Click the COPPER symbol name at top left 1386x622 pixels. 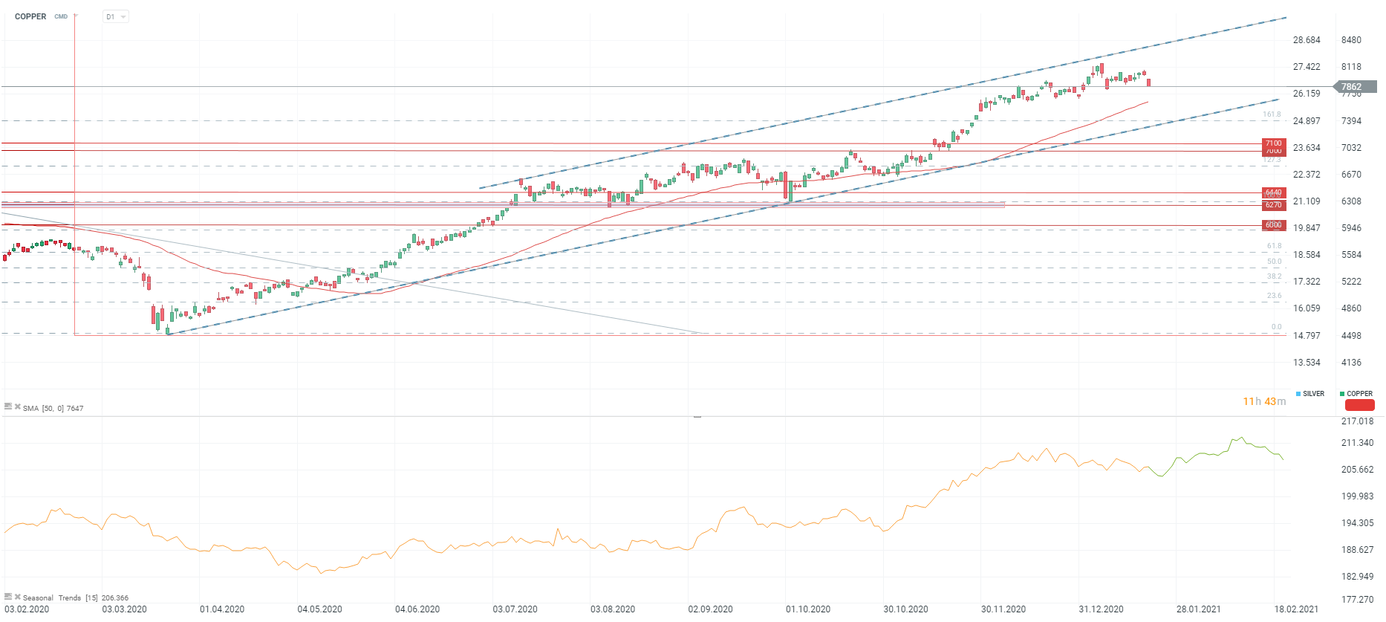pyautogui.click(x=30, y=16)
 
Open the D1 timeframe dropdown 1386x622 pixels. pyautogui.click(x=115, y=16)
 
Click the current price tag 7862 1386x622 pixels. pyautogui.click(x=1351, y=87)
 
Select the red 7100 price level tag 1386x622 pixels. pyautogui.click(x=1273, y=143)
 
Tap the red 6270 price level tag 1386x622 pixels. pyautogui.click(x=1273, y=205)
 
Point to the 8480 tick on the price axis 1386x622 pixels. pyautogui.click(x=1351, y=40)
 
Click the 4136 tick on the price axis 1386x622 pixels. pyautogui.click(x=1351, y=363)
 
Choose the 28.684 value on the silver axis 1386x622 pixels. pyautogui.click(x=1307, y=40)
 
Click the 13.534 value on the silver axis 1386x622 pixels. pyautogui.click(x=1307, y=363)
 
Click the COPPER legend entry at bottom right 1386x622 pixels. pyautogui.click(x=1359, y=394)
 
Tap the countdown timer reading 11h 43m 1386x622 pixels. pyautogui.click(x=1264, y=401)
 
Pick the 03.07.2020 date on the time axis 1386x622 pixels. pyautogui.click(x=515, y=609)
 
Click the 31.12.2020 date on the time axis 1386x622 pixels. pyautogui.click(x=1101, y=609)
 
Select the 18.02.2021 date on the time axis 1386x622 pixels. pyautogui.click(x=1296, y=609)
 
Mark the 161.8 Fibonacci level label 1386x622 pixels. pyautogui.click(x=1272, y=114)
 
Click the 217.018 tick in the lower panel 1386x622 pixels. pyautogui.click(x=1357, y=421)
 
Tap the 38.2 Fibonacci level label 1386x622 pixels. pyautogui.click(x=1274, y=276)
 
